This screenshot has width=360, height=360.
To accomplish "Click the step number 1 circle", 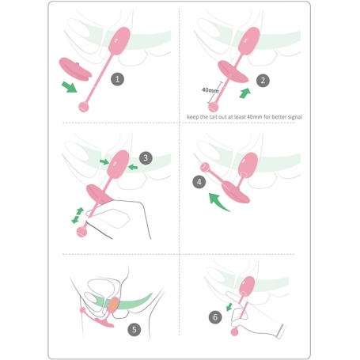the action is tap(117, 79).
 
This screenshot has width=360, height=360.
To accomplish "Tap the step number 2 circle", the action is tap(263, 81).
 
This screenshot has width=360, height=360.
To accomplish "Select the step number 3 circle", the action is tap(146, 158).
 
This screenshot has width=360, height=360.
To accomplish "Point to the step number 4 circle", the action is tap(199, 182).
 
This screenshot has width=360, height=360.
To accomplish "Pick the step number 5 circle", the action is tap(135, 329).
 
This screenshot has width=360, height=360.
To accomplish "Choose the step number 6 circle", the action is tap(215, 317).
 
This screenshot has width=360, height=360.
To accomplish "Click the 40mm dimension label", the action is tap(210, 90).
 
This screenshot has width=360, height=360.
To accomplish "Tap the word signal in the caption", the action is tap(295, 117).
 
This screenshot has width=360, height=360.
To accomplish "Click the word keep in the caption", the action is tap(193, 117).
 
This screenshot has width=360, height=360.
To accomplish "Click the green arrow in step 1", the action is tap(69, 87).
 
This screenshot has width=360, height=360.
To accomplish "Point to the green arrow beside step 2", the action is tap(244, 93).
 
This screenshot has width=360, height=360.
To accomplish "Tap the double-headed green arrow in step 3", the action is tap(78, 215).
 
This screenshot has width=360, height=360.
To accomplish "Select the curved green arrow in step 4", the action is tap(218, 203).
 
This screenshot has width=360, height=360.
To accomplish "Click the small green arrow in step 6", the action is tap(229, 307).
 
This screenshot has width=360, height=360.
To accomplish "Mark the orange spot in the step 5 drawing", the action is tap(113, 305).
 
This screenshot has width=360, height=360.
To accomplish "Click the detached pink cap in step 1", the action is tap(75, 70).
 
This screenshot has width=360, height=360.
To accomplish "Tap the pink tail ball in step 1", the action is tap(84, 107).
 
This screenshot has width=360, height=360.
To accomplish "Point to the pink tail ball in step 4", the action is tap(205, 167).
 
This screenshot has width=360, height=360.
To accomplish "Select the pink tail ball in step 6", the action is tap(234, 332).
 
